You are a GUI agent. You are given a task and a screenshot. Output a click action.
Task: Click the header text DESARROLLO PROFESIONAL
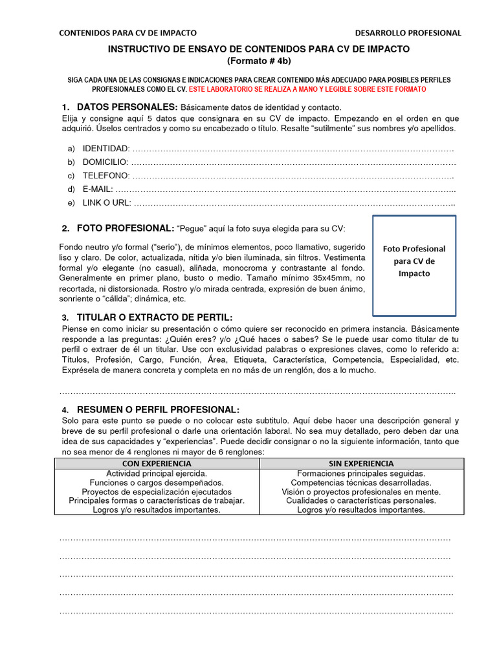(x=408, y=33)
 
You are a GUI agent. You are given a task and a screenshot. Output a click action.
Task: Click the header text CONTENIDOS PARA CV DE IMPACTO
(x=128, y=33)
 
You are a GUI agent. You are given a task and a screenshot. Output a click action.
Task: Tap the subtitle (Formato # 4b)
(x=259, y=61)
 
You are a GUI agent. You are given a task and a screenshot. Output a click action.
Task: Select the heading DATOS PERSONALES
(x=127, y=107)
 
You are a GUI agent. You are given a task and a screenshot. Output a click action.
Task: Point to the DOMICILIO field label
(x=105, y=162)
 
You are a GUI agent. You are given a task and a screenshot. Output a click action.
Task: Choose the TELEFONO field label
(x=106, y=176)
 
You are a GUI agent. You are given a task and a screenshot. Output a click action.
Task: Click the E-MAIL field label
(x=98, y=189)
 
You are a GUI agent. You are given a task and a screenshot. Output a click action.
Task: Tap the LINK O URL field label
(x=107, y=203)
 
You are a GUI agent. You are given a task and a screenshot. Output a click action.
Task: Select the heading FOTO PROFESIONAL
(x=126, y=228)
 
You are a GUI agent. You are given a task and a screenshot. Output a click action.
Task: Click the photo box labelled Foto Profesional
(x=414, y=261)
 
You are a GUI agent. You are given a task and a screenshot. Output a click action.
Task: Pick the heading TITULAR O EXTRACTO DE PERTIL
(x=155, y=317)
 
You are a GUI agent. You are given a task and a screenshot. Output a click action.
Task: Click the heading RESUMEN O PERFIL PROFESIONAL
(x=158, y=410)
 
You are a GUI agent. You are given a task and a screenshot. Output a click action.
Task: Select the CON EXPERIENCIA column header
(x=157, y=464)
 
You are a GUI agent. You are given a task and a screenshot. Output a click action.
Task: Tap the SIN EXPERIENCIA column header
(x=361, y=464)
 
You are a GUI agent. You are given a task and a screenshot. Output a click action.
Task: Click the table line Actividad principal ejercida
(x=157, y=474)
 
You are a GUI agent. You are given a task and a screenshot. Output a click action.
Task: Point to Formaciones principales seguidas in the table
(x=361, y=474)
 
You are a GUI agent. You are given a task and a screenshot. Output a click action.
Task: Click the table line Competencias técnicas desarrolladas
(x=361, y=483)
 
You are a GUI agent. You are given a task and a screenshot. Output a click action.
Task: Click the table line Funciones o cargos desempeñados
(x=157, y=483)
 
